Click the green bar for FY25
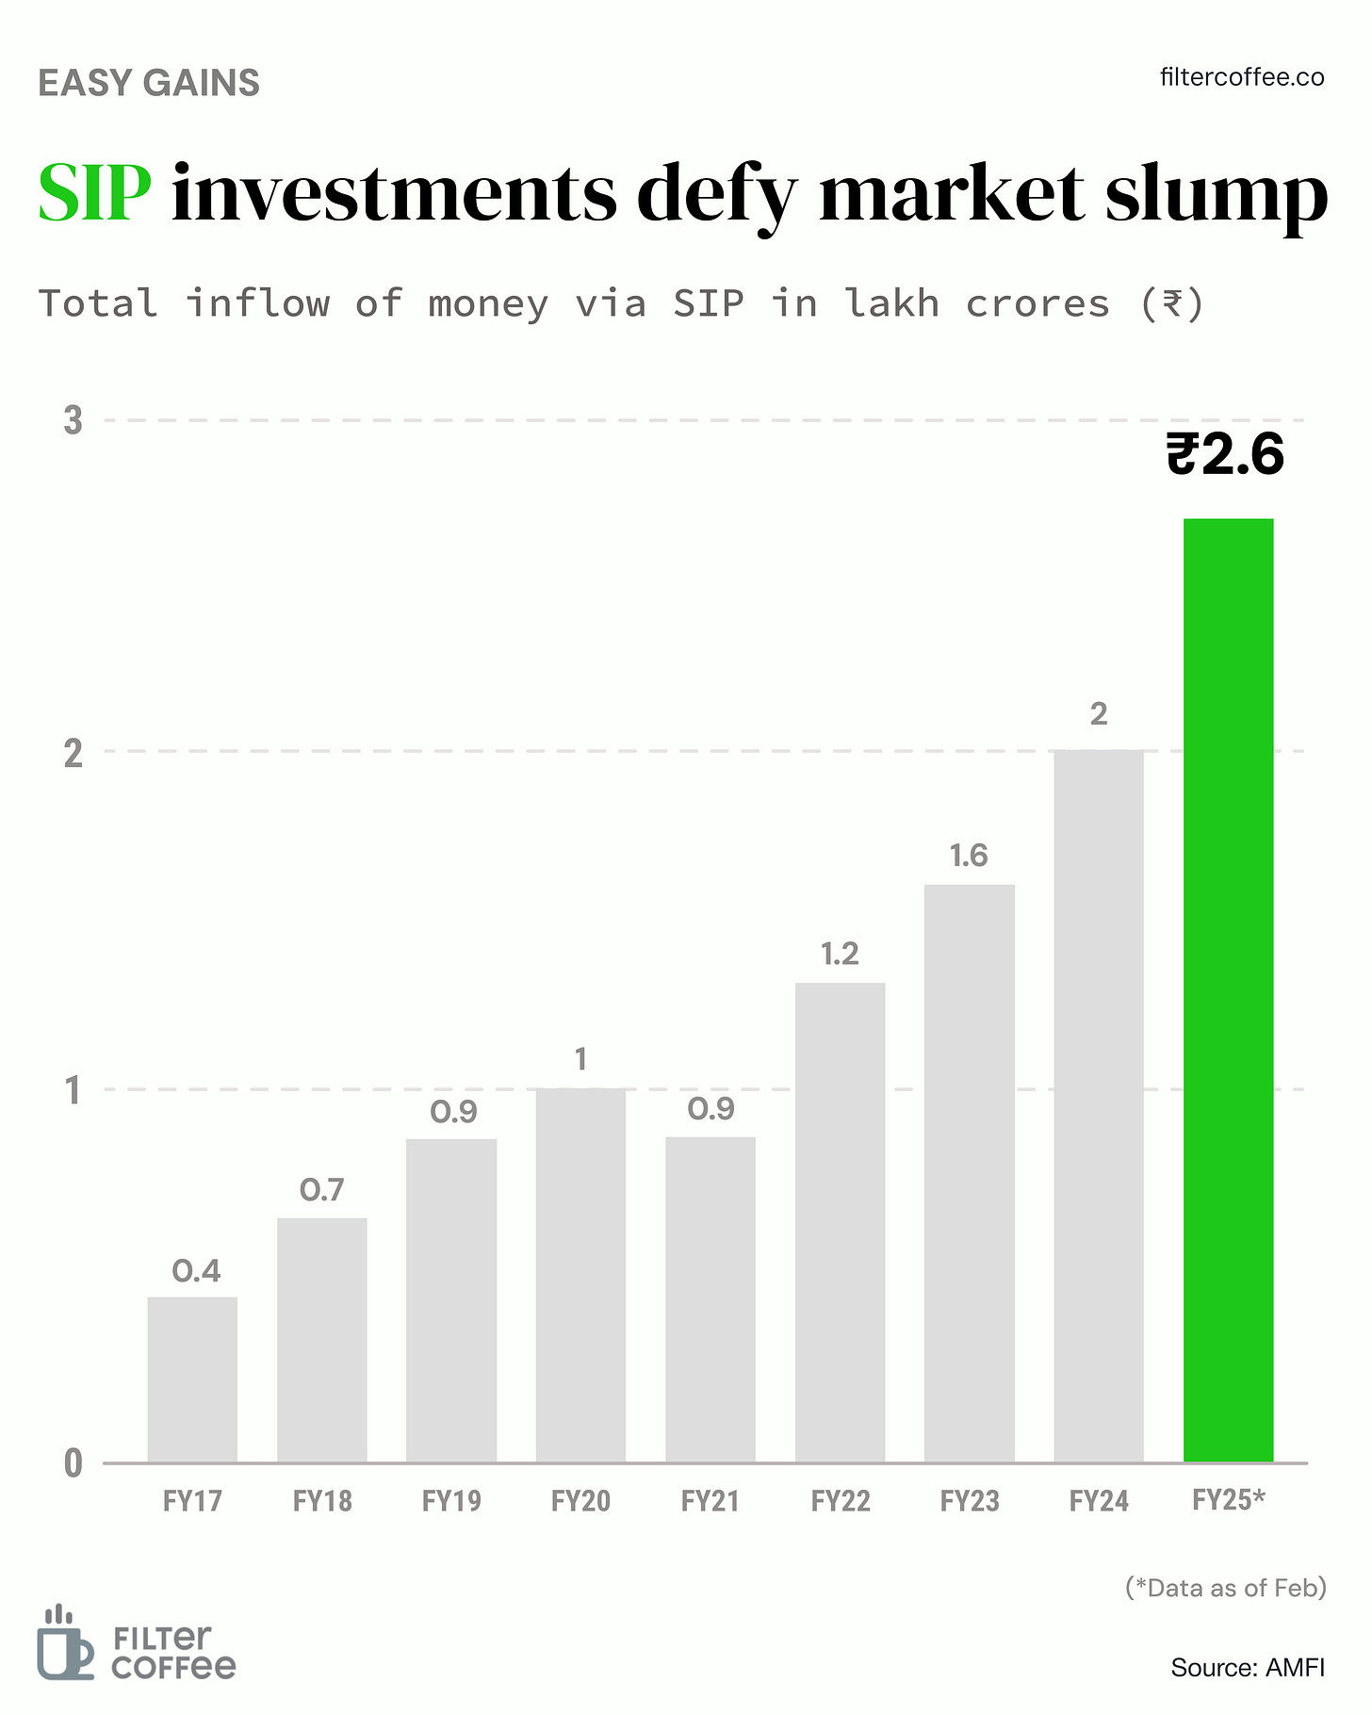1228,989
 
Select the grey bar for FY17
192,1380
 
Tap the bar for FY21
710,1299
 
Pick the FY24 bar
1099,1106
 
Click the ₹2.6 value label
1225,455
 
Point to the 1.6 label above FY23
969,856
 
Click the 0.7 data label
322,1190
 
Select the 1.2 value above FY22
840,955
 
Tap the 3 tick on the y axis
73,420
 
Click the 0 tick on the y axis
73,1463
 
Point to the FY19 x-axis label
451,1500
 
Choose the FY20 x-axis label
580,1500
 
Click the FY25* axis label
1228,1499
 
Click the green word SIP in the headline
94,193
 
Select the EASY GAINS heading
149,83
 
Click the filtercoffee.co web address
1242,77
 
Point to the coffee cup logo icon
64,1642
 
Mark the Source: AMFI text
1248,1667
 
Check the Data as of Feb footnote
1226,1588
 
